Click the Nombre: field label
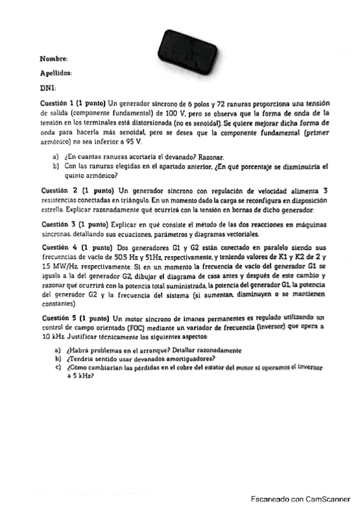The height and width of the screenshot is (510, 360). (x=53, y=59)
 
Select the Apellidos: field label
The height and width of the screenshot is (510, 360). (x=56, y=73)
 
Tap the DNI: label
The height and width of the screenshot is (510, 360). (x=47, y=88)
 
